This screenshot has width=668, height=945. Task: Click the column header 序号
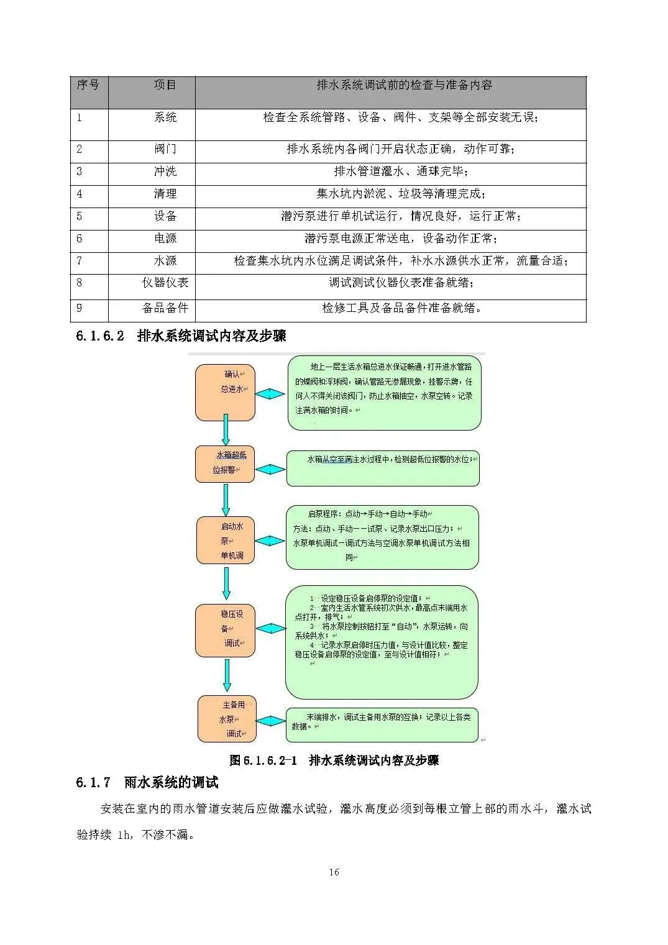click(x=88, y=85)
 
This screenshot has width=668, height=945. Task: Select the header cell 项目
click(x=165, y=85)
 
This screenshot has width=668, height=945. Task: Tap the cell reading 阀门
click(x=165, y=149)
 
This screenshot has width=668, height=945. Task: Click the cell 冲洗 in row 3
click(x=165, y=171)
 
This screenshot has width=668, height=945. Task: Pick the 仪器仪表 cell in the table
click(x=165, y=283)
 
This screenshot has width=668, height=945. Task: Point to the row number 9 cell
click(x=80, y=308)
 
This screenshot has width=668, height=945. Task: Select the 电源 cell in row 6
click(x=165, y=239)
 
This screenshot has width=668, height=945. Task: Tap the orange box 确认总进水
click(x=226, y=393)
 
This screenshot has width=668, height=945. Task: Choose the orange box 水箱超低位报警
click(x=226, y=464)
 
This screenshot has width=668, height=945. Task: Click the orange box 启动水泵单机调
click(x=226, y=541)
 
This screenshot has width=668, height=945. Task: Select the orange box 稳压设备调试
click(x=226, y=630)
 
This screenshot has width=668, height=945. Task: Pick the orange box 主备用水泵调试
click(x=227, y=719)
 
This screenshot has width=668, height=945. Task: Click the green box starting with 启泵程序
click(x=382, y=537)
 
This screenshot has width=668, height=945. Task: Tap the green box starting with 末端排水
click(x=382, y=724)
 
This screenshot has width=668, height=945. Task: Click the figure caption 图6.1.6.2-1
click(x=334, y=760)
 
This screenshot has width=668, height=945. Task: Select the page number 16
click(x=334, y=872)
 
